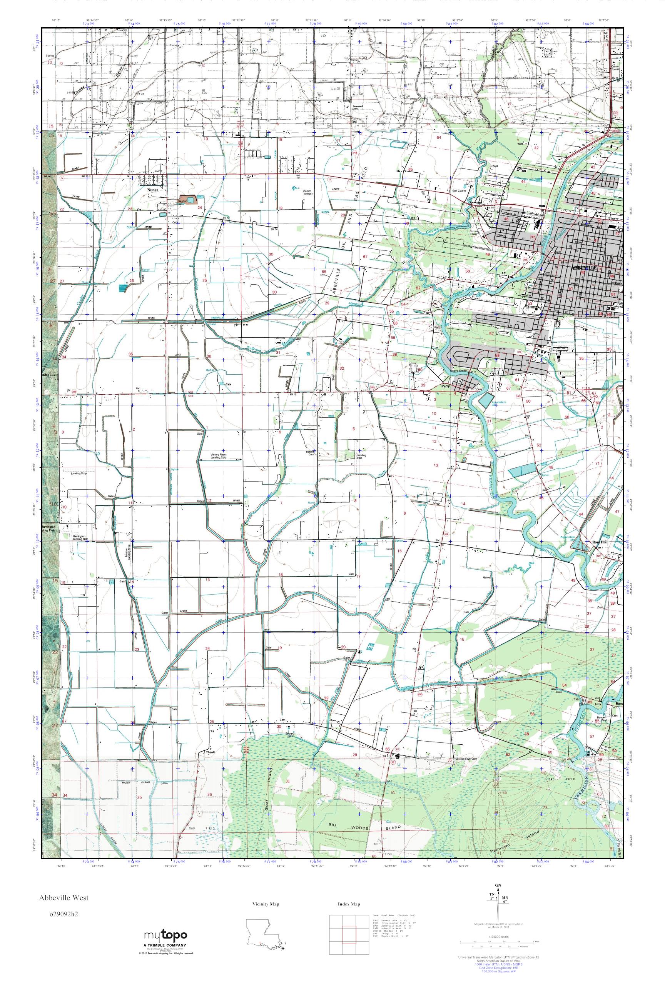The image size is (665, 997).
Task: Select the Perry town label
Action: click(x=445, y=386)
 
